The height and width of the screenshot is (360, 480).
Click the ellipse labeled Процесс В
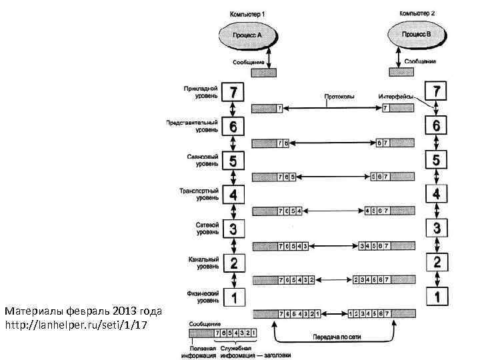pyautogui.click(x=418, y=33)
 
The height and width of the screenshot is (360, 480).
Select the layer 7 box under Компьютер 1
pyautogui.click(x=233, y=91)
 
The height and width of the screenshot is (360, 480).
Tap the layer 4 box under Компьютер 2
pyautogui.click(x=436, y=193)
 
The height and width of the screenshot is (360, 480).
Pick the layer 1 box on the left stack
pyautogui.click(x=233, y=296)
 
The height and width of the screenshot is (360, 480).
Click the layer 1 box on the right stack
pyautogui.click(x=436, y=296)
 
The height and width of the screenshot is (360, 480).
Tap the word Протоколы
pyautogui.click(x=339, y=96)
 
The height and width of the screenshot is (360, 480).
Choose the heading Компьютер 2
pyautogui.click(x=417, y=13)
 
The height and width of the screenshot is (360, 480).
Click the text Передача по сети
pyautogui.click(x=337, y=338)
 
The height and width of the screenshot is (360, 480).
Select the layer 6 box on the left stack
pyautogui.click(x=233, y=125)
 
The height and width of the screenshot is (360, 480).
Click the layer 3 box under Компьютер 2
pyautogui.click(x=436, y=227)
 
